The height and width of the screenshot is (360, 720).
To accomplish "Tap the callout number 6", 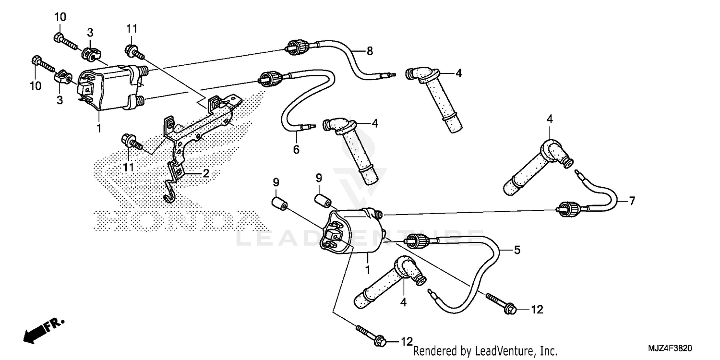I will (x=296, y=150).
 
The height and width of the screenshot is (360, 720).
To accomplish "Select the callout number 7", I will (x=632, y=201).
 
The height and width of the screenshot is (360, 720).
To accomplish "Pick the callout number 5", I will (x=516, y=250).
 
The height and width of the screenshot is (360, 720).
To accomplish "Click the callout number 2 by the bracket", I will (x=205, y=174).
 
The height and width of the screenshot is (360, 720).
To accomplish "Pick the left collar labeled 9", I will (x=279, y=204).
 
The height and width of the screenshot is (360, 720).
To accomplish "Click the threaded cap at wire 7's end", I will (x=565, y=209).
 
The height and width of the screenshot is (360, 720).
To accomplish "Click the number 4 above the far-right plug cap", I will (x=549, y=118).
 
